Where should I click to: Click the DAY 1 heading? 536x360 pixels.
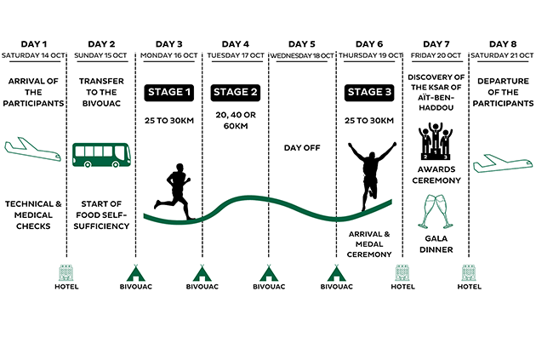click(33, 44)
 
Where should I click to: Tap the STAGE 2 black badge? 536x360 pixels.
click(235, 92)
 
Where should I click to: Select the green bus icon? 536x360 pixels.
click(101, 155)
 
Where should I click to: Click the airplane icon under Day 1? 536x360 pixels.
click(33, 149)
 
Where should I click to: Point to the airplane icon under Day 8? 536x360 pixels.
click(503, 163)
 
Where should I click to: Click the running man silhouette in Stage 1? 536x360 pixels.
click(174, 191)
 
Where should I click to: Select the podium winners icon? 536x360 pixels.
click(436, 141)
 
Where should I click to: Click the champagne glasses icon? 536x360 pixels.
click(436, 212)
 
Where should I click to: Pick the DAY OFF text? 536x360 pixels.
click(302, 148)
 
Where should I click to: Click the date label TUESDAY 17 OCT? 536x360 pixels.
click(236, 55)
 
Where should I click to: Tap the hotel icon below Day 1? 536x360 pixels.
click(66, 272)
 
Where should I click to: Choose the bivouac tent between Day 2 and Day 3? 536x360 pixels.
click(136, 273)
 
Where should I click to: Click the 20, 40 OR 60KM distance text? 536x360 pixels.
click(236, 120)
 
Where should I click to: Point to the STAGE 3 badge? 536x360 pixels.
click(369, 92)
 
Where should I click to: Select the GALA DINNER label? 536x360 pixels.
click(436, 244)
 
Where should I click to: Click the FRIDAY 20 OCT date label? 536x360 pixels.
click(436, 55)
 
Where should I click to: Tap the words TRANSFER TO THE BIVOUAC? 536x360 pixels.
click(101, 92)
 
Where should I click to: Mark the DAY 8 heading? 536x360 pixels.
click(503, 44)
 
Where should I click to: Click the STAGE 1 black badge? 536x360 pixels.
click(168, 92)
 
